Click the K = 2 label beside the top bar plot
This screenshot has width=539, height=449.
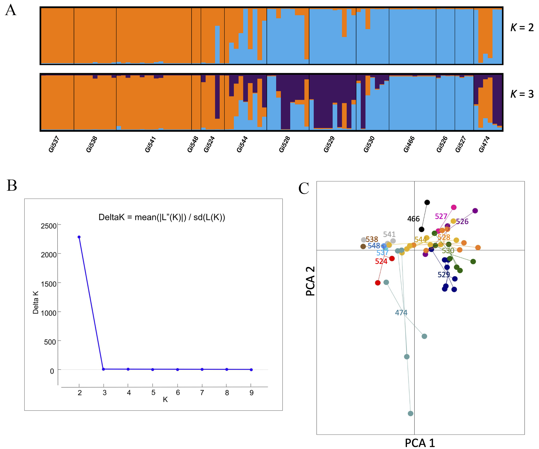(x=522, y=27)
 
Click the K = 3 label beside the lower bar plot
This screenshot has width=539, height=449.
(x=522, y=94)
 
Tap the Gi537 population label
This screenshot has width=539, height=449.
(x=54, y=144)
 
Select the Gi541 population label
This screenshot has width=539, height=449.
(x=150, y=144)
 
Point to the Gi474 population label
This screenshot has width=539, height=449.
(x=484, y=144)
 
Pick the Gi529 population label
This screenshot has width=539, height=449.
(x=329, y=144)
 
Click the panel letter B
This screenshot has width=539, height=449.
(x=12, y=186)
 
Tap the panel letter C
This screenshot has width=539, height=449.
(x=304, y=188)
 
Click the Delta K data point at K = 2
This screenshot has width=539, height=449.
(x=79, y=237)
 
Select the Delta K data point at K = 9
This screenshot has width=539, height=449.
(x=251, y=370)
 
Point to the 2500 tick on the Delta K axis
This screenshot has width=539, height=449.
(x=49, y=226)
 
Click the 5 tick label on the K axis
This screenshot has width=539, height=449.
(x=153, y=393)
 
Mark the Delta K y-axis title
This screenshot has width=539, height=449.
(x=36, y=302)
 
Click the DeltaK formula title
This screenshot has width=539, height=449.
(x=162, y=217)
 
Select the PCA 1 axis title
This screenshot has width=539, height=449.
(x=420, y=443)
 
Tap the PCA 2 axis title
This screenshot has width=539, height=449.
(x=310, y=281)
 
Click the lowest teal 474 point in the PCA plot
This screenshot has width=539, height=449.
(x=410, y=413)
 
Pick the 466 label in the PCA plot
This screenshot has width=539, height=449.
(x=413, y=219)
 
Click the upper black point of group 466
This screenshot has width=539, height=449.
(x=427, y=202)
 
